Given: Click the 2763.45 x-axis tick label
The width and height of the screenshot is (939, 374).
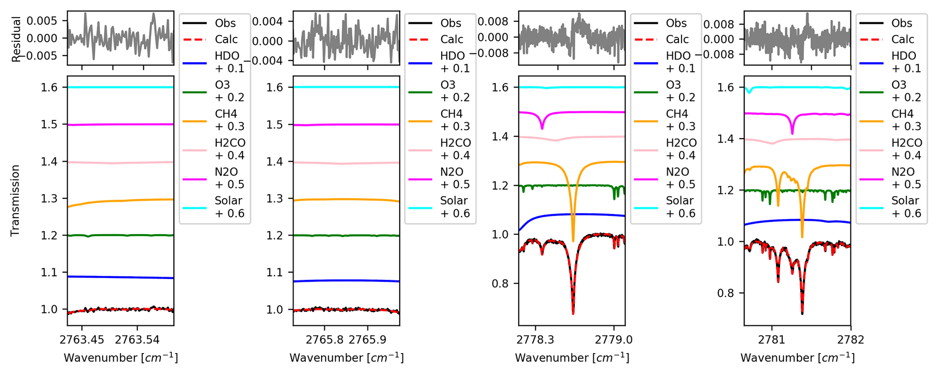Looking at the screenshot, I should (x=82, y=339).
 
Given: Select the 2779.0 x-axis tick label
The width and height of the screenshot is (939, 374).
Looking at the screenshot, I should (x=614, y=339).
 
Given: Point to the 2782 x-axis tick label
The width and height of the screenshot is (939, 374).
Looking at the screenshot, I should (x=850, y=339).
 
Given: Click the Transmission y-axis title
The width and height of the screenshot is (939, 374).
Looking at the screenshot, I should (x=15, y=200).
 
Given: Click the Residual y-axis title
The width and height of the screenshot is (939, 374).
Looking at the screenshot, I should (x=17, y=39).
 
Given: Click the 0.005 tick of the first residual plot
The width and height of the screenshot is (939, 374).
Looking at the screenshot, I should (x=42, y=21).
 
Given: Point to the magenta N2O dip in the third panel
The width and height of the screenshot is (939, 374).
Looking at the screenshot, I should (x=542, y=128).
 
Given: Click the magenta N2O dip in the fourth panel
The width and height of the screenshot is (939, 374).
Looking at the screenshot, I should (x=792, y=133).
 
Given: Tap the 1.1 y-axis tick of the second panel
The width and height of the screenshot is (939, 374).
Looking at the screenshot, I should (x=276, y=273).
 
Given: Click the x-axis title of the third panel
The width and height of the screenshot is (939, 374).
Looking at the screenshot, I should (x=572, y=358).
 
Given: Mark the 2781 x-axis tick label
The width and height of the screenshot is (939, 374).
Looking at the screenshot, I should (x=771, y=339).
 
